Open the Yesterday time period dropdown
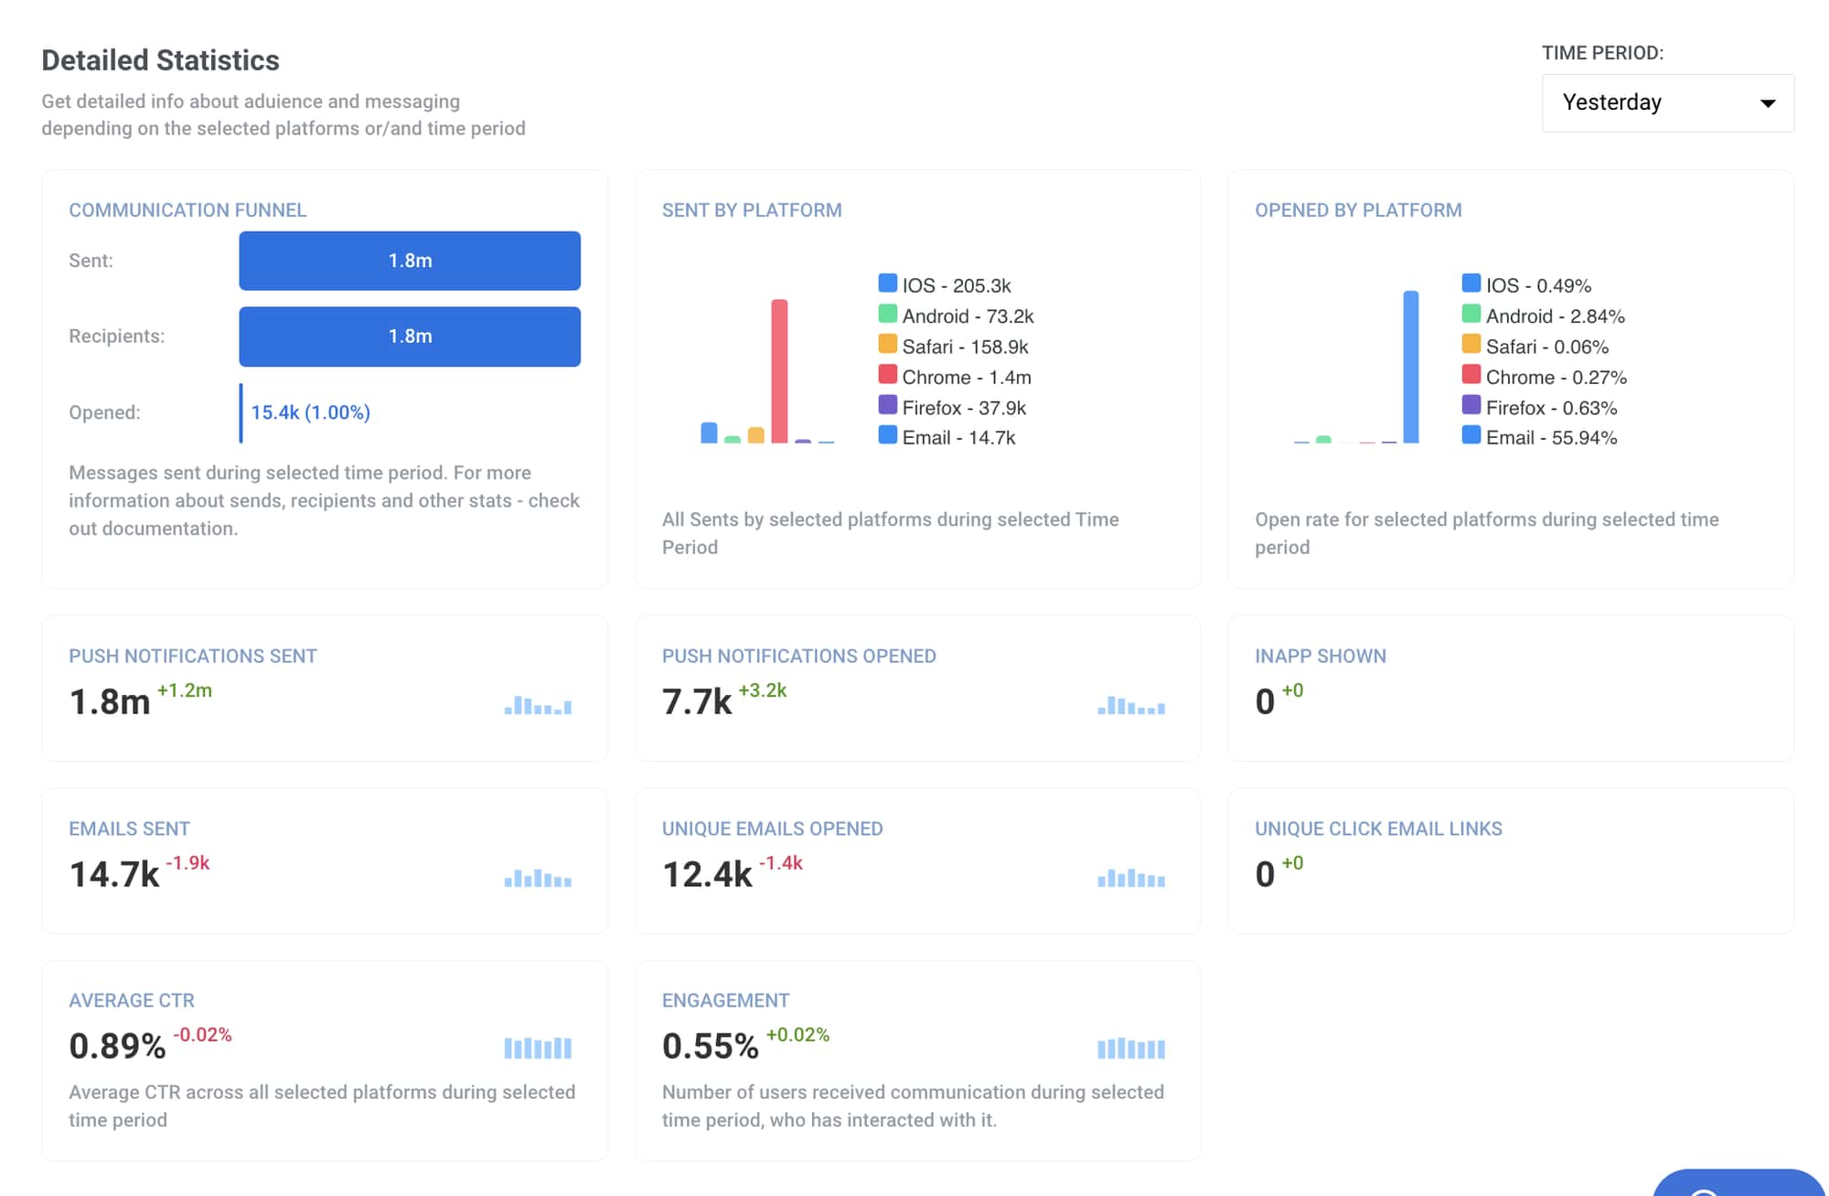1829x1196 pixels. point(1667,102)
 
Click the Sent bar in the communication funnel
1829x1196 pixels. point(410,261)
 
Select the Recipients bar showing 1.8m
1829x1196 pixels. point(410,336)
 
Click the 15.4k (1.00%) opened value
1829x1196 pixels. point(310,412)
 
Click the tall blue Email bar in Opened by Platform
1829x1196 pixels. point(1410,368)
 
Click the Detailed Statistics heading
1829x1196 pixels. point(160,60)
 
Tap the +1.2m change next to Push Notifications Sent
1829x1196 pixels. point(185,690)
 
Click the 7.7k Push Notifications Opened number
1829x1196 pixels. point(697,701)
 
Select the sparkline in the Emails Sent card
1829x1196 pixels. point(538,879)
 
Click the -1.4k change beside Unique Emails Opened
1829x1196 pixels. point(780,862)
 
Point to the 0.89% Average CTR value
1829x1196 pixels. point(117,1046)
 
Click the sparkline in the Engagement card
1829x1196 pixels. point(1131,1048)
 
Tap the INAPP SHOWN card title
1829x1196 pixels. point(1320,656)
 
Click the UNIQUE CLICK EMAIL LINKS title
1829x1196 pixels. point(1377,828)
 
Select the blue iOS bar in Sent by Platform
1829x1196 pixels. point(709,432)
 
